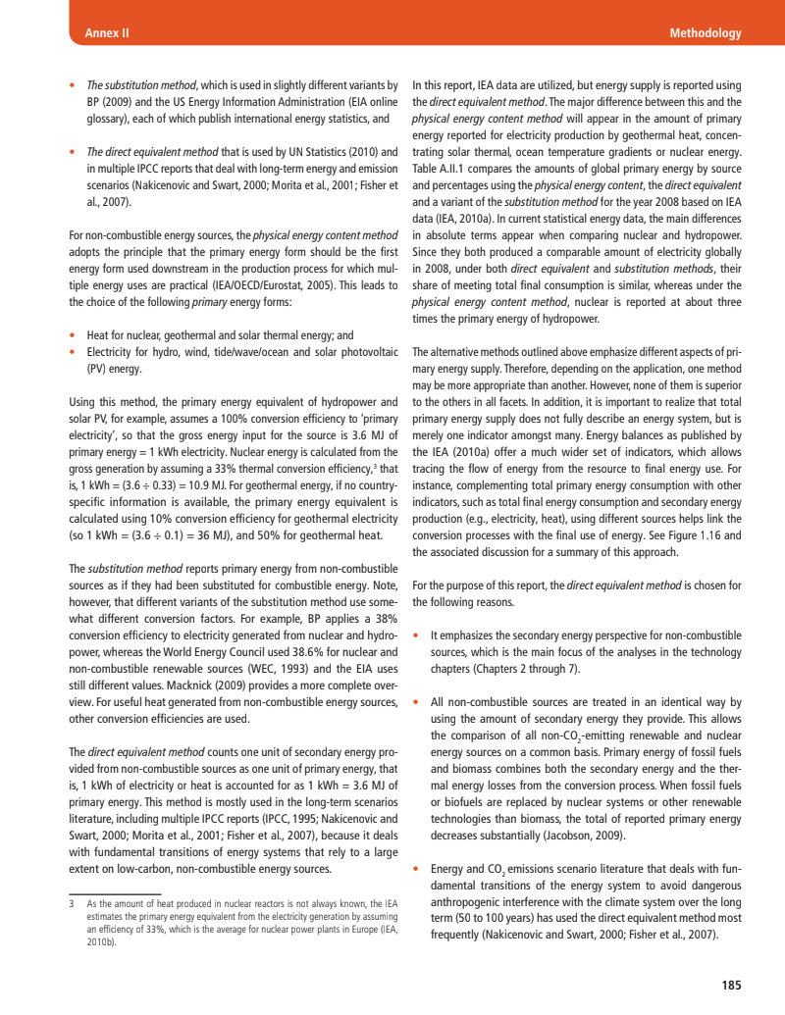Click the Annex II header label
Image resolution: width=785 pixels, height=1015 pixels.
[101, 33]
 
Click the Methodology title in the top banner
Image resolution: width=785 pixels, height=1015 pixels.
[705, 33]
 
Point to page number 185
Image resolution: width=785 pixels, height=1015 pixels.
[730, 985]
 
